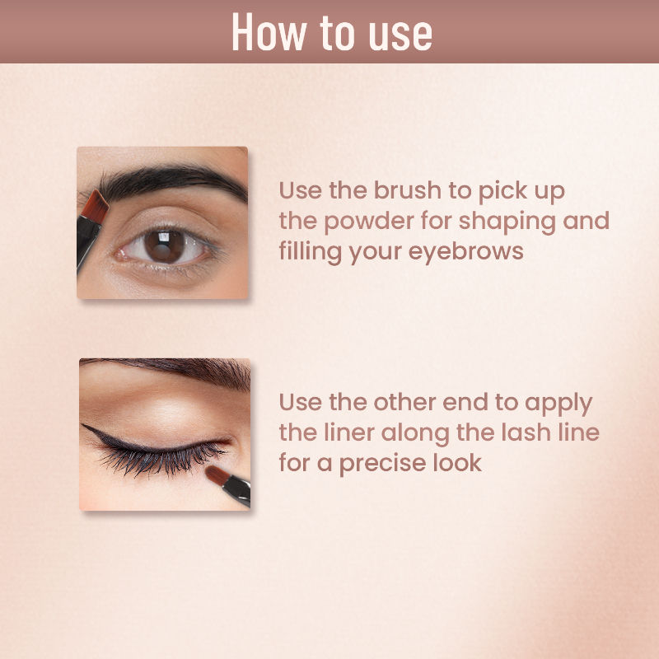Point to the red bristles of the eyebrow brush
point(94,207)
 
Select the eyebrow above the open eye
point(168,181)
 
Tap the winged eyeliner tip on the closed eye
point(85,427)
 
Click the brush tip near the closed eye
point(217,475)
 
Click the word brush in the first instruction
point(407,191)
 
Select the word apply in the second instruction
point(559,404)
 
